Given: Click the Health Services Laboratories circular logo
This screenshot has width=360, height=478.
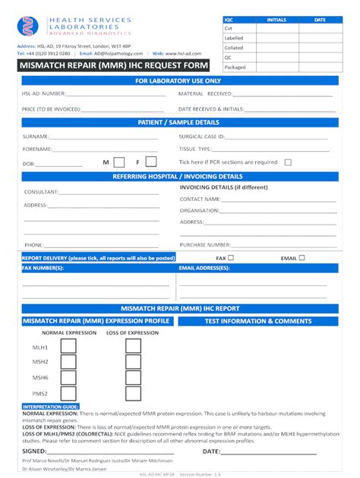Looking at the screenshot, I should pyautogui.click(x=27, y=27).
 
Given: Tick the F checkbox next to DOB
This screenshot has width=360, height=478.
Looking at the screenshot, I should pyautogui.click(x=151, y=162).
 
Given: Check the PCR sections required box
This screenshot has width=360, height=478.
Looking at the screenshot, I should pyautogui.click(x=288, y=162).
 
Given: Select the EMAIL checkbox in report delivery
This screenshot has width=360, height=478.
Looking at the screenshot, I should pyautogui.click(x=302, y=258).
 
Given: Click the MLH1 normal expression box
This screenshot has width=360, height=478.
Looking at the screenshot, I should pyautogui.click(x=68, y=346).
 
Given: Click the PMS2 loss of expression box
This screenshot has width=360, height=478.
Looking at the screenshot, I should pyautogui.click(x=133, y=394).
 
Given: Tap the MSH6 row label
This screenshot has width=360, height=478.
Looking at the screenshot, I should pyautogui.click(x=40, y=378).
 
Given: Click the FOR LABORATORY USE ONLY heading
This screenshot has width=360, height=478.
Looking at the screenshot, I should pyautogui.click(x=179, y=80).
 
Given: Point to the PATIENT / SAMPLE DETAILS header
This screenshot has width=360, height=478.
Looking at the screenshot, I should pyautogui.click(x=179, y=122).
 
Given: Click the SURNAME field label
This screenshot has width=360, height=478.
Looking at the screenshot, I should pyautogui.click(x=36, y=137).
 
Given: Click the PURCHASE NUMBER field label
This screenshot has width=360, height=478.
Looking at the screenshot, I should pyautogui.click(x=205, y=244).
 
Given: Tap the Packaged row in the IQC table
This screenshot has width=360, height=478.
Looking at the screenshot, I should pyautogui.click(x=235, y=67).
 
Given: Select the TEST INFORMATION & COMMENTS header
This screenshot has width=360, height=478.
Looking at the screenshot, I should pyautogui.click(x=258, y=321).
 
